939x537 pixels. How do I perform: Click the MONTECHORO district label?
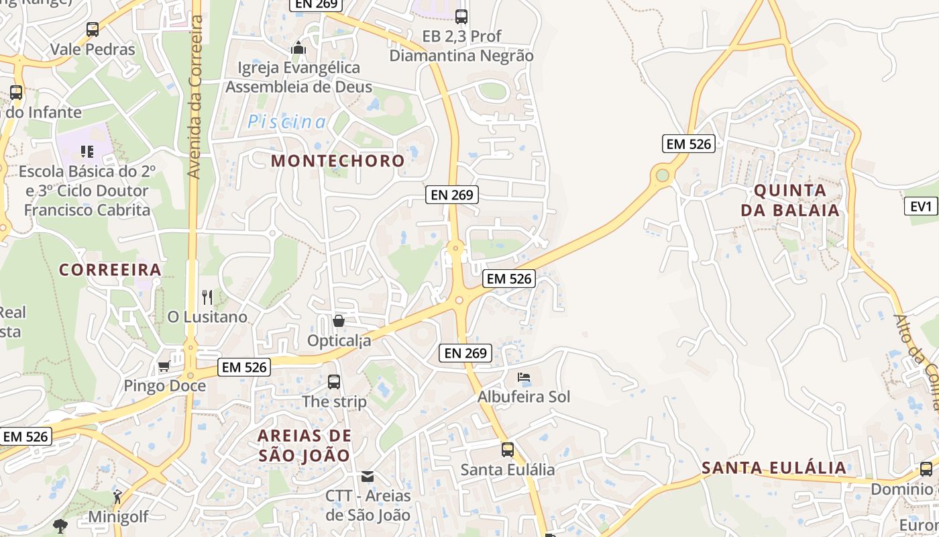tap(338, 161)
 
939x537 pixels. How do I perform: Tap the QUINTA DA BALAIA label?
tap(790, 200)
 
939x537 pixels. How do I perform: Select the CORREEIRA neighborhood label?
tap(110, 270)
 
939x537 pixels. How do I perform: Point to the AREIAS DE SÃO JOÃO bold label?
tap(305, 445)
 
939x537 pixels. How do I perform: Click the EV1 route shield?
tap(922, 206)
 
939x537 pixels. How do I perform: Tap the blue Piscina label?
tap(287, 122)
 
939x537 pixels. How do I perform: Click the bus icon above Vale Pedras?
tap(93, 30)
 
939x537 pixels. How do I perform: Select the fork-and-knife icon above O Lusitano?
tap(207, 297)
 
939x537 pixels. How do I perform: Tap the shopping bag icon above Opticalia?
tap(339, 321)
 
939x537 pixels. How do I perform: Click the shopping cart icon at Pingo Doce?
tap(164, 367)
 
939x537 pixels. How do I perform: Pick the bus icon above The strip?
tap(334, 382)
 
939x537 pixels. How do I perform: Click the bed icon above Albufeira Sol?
tap(524, 377)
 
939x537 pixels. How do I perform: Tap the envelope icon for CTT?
tap(368, 477)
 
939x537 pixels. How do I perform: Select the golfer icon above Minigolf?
tap(117, 497)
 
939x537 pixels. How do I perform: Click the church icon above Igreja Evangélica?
tap(298, 48)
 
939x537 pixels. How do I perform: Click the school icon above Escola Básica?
tap(87, 152)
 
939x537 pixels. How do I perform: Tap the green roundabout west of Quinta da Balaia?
tap(663, 176)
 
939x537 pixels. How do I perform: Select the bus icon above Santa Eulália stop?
tap(508, 450)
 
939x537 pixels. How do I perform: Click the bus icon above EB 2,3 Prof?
tap(461, 16)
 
